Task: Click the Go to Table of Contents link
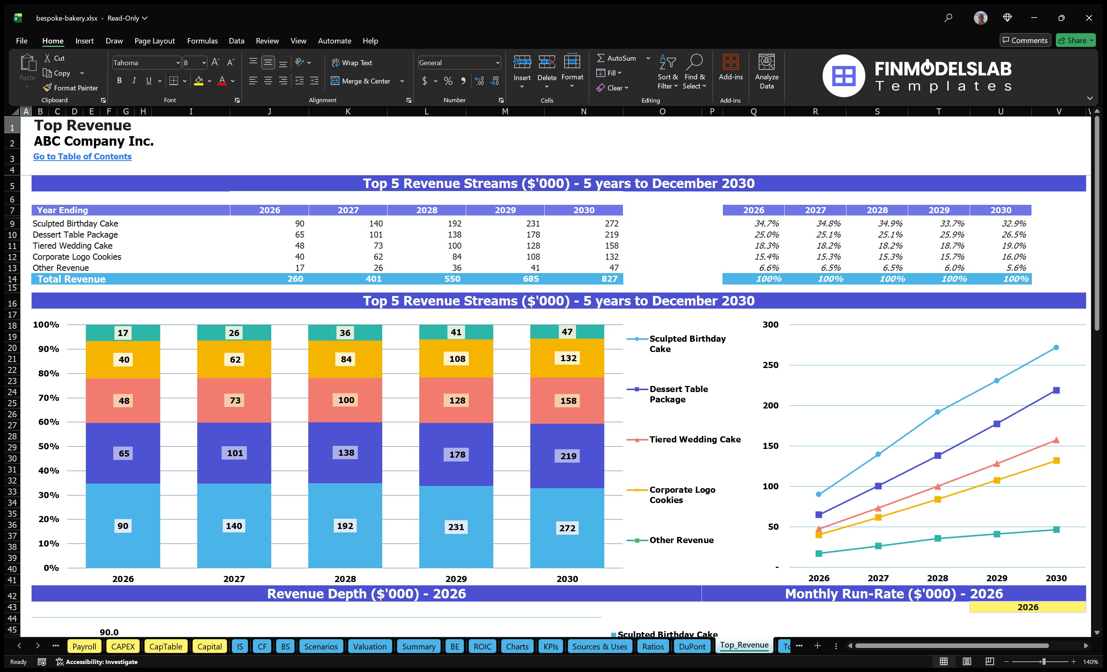pyautogui.click(x=82, y=156)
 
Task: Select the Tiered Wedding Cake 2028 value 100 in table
pyautogui.click(x=454, y=246)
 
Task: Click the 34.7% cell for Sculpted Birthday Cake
pyautogui.click(x=766, y=223)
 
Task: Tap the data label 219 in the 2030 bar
pyautogui.click(x=568, y=456)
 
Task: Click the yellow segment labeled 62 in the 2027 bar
pyautogui.click(x=235, y=359)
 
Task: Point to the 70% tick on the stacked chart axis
pyautogui.click(x=48, y=397)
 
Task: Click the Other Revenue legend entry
pyautogui.click(x=681, y=540)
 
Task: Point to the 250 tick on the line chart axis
pyautogui.click(x=770, y=365)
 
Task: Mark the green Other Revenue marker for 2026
pyautogui.click(x=819, y=553)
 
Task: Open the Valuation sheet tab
pyautogui.click(x=369, y=646)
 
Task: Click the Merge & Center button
pyautogui.click(x=361, y=81)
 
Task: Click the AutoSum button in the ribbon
pyautogui.click(x=616, y=58)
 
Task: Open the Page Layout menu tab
pyautogui.click(x=154, y=41)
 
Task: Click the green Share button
pyautogui.click(x=1075, y=40)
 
